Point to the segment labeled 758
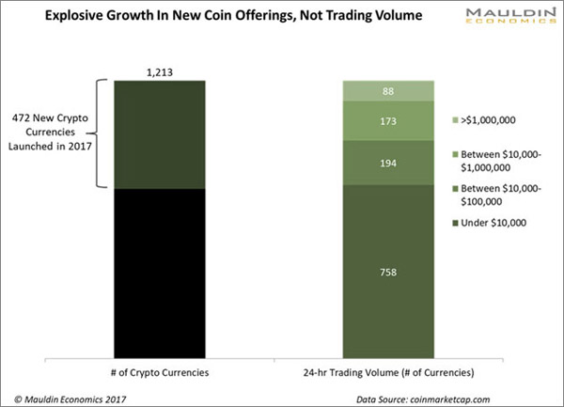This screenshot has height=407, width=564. (x=388, y=274)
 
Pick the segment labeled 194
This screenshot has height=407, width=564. (x=388, y=164)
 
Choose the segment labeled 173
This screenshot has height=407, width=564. (x=388, y=121)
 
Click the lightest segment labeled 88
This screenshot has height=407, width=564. (x=388, y=91)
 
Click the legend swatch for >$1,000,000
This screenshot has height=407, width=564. (x=455, y=121)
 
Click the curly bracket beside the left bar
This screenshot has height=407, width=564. (x=98, y=134)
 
